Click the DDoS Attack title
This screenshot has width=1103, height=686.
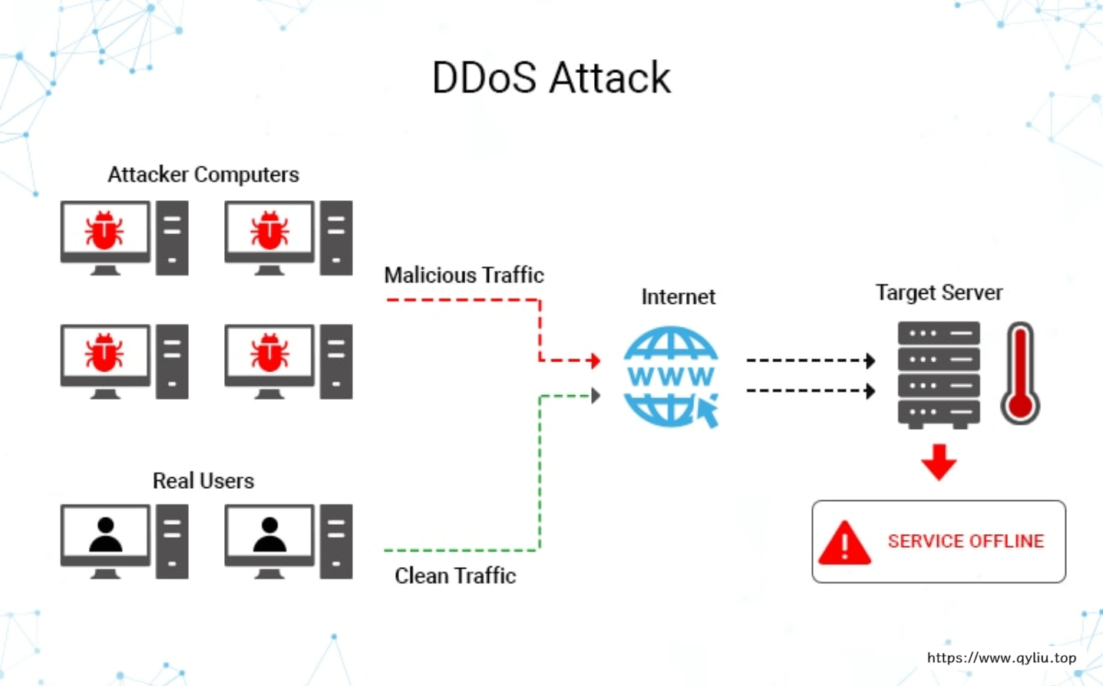pos(551,78)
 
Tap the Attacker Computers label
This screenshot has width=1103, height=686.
pos(203,175)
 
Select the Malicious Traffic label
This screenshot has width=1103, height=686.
pos(464,275)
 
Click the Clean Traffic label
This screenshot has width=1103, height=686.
pos(455,576)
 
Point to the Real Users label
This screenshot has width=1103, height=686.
pos(203,481)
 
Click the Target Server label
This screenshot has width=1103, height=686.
pos(939,292)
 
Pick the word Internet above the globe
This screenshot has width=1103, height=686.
pos(678,297)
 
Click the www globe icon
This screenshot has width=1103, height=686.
pos(670,376)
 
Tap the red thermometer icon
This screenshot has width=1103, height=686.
pos(1020,374)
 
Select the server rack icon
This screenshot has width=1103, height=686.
pos(939,374)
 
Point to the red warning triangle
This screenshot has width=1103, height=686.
pos(844,543)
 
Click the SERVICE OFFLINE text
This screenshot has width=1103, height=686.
pos(966,541)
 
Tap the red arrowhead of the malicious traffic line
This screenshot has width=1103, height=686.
pos(595,360)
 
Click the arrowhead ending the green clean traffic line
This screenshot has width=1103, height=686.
pos(596,396)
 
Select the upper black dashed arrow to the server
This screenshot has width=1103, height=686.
pos(810,360)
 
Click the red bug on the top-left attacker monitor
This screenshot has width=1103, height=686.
pos(104,229)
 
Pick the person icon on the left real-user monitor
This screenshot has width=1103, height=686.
pos(106,534)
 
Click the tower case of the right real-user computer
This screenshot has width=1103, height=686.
pos(336,541)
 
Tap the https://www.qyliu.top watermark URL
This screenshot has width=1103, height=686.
pos(1002,658)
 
